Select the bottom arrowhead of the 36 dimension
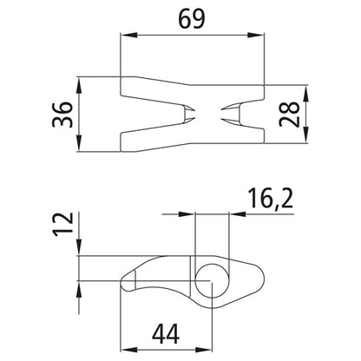click(79, 146)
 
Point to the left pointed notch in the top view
click(187, 114)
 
